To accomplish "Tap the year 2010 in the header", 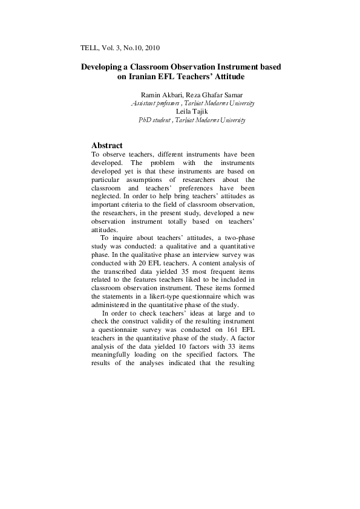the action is [x=151, y=47].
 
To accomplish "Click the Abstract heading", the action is [x=106, y=146].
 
